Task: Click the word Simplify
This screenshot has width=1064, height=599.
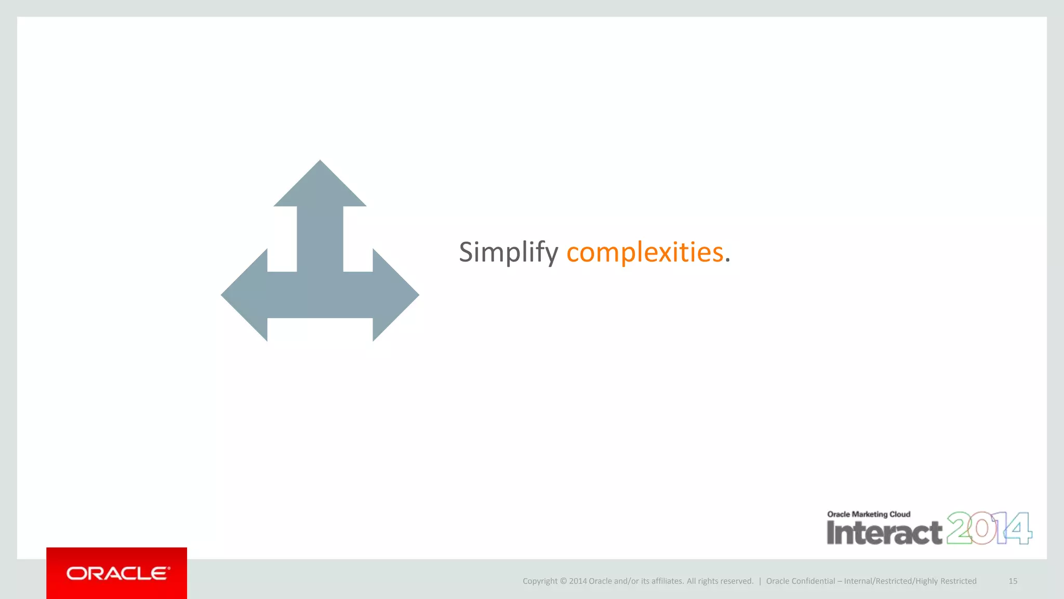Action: click(508, 253)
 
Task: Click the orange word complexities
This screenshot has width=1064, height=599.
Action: click(644, 253)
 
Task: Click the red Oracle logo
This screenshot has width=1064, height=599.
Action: click(117, 573)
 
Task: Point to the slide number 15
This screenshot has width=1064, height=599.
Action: click(1013, 581)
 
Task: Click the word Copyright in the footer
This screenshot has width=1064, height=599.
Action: click(540, 581)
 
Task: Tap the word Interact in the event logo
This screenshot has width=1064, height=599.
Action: click(884, 532)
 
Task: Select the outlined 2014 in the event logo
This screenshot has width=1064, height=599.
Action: click(989, 528)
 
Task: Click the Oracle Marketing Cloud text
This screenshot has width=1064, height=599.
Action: click(869, 514)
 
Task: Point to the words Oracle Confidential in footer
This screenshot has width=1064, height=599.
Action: click(800, 581)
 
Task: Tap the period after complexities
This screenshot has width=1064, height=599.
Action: click(728, 261)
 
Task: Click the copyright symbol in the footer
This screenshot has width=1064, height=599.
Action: click(563, 581)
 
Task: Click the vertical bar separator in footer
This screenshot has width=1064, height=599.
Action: click(760, 581)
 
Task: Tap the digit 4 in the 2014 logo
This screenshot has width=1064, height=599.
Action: click(1019, 528)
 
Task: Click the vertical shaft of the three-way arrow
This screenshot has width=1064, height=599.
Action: click(320, 239)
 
